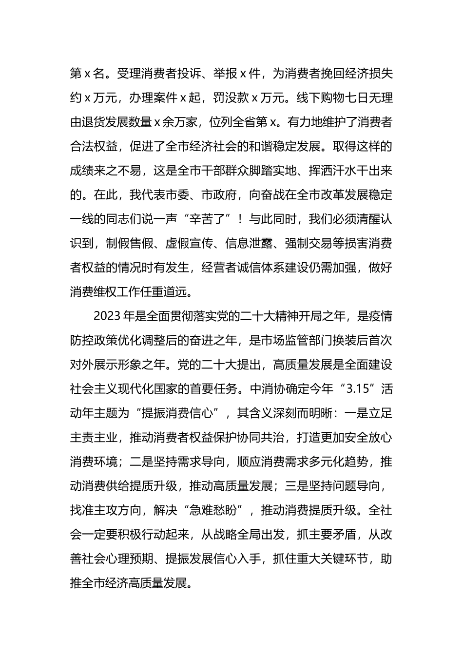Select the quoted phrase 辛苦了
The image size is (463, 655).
tap(210, 219)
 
